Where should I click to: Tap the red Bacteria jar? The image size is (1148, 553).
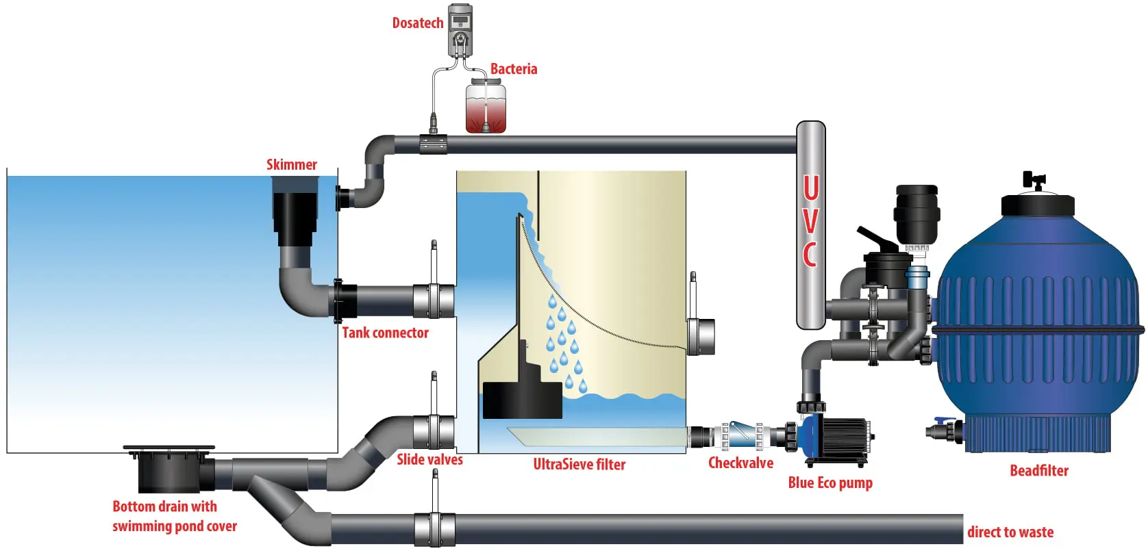pyautogui.click(x=486, y=107)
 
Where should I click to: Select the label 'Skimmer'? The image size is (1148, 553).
pyautogui.click(x=292, y=165)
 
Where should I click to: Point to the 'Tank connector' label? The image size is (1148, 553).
pyautogui.click(x=385, y=333)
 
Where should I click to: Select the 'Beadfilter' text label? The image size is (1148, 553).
pyautogui.click(x=1038, y=471)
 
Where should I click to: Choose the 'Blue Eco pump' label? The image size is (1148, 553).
pyautogui.click(x=829, y=483)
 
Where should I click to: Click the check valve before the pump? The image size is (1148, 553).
pyautogui.click(x=743, y=435)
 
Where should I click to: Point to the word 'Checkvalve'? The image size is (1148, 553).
pyautogui.click(x=740, y=463)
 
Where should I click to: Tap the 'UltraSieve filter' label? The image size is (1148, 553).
pyautogui.click(x=579, y=465)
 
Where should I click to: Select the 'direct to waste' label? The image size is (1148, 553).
pyautogui.click(x=1010, y=532)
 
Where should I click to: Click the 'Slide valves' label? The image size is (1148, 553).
pyautogui.click(x=429, y=460)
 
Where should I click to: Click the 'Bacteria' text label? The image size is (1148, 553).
pyautogui.click(x=513, y=69)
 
